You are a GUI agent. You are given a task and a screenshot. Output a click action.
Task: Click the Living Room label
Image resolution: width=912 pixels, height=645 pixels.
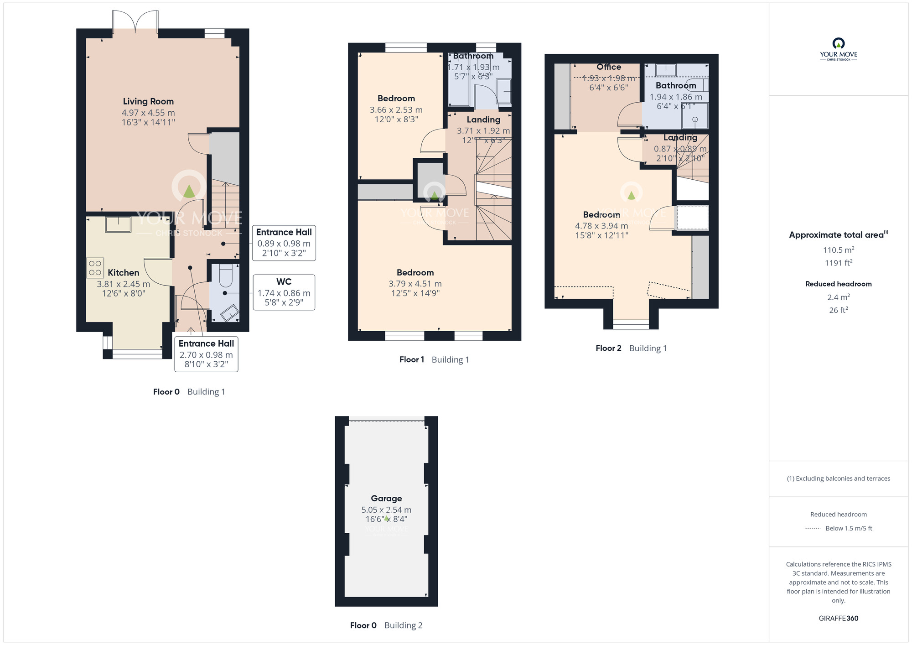148,101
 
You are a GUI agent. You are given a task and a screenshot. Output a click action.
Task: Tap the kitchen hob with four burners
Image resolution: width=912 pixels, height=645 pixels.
95,268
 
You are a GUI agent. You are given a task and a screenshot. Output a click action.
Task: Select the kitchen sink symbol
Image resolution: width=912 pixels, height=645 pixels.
118,225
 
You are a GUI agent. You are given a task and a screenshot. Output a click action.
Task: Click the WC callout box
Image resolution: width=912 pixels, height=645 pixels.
284,292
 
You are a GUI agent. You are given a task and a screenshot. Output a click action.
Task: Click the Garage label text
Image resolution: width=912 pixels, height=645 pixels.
386,498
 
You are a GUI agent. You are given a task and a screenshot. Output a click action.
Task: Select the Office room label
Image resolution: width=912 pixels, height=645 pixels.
608,67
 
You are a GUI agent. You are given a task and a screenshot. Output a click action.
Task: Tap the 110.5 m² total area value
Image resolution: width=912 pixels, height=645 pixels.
838,250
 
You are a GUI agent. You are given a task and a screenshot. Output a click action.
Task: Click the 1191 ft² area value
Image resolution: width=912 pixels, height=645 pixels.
838,263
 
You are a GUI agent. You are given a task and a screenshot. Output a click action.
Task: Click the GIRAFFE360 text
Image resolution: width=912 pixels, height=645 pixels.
838,618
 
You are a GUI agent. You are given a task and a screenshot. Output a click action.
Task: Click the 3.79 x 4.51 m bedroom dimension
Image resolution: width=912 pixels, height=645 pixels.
415,284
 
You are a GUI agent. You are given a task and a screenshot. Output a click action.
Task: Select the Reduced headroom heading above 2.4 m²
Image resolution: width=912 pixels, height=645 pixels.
838,284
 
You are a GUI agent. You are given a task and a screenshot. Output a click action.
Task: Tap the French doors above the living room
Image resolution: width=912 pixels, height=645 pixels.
135,22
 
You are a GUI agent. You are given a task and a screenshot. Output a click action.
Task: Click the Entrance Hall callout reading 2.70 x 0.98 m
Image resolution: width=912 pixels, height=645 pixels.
206,354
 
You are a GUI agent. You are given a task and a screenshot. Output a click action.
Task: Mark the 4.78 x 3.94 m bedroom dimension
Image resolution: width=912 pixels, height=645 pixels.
601,226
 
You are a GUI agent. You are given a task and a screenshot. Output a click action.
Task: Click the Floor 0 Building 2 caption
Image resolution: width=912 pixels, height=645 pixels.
386,625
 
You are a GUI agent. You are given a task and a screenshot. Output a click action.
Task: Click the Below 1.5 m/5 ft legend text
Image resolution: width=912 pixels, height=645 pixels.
849,528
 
